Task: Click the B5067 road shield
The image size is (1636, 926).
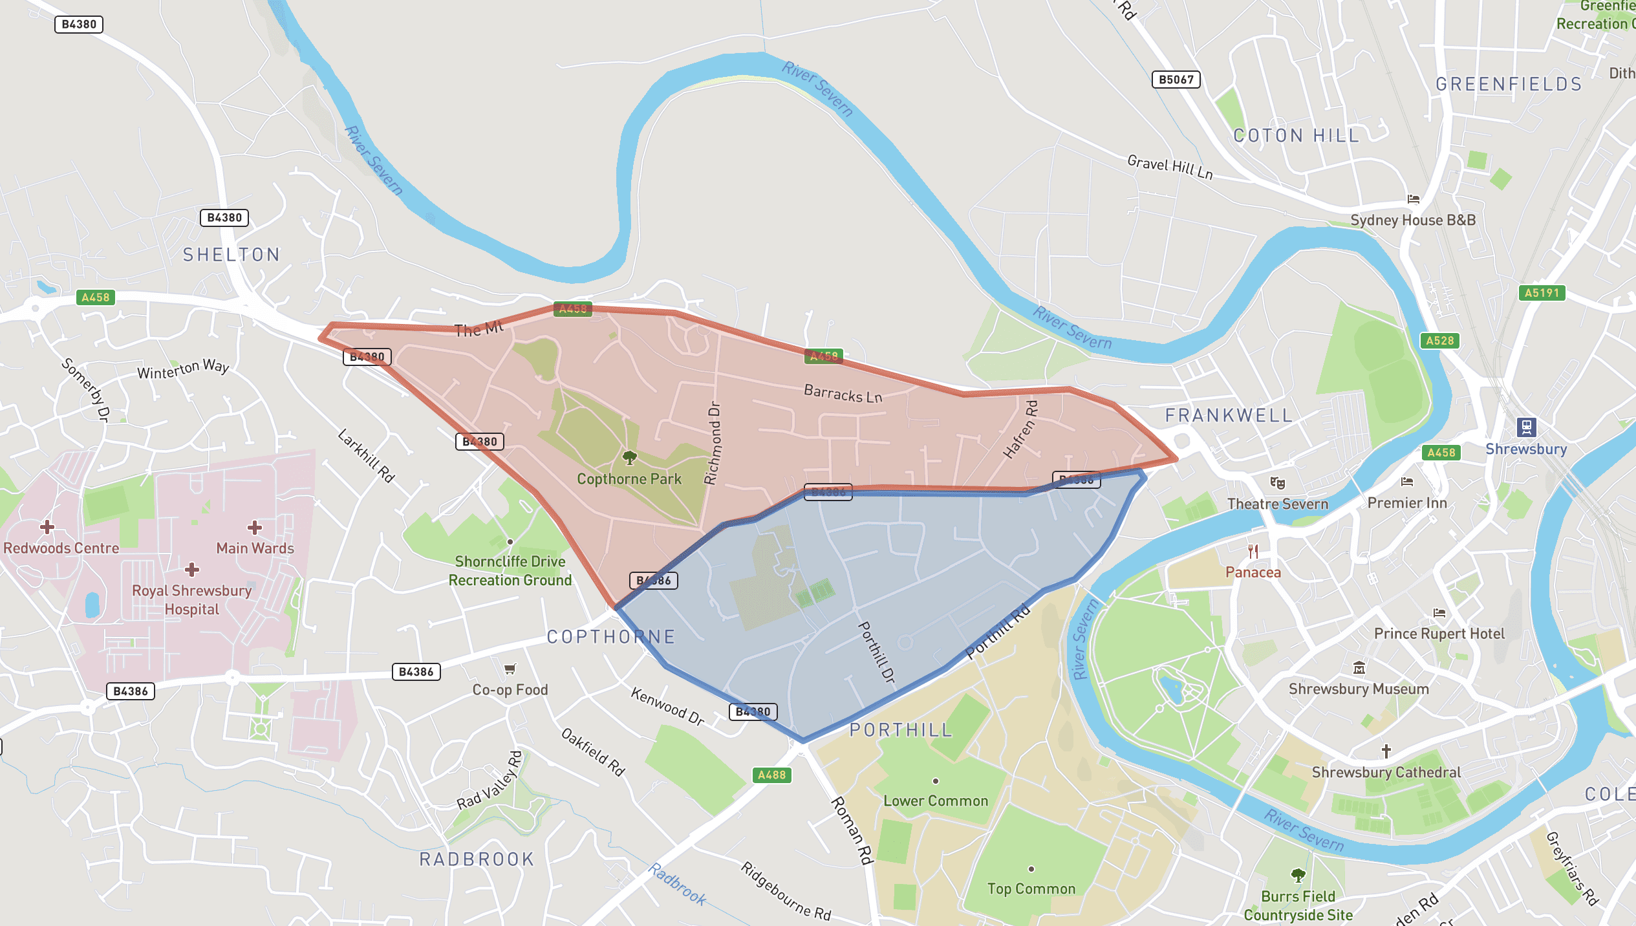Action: tap(1176, 80)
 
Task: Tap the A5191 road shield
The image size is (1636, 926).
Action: tap(1542, 293)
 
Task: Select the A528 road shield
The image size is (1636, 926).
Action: tap(1439, 341)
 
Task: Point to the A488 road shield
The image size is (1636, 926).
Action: tap(771, 775)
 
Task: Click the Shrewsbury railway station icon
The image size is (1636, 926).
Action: tap(1526, 427)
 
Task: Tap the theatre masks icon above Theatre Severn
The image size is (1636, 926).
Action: tap(1277, 483)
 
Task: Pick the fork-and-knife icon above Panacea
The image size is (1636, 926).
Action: tap(1253, 552)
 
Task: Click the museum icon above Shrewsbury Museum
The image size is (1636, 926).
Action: tap(1359, 668)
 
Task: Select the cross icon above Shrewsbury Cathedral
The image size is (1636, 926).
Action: tap(1386, 751)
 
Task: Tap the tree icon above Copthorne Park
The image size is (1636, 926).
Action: tap(629, 458)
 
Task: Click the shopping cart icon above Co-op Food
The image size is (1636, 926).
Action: tap(510, 669)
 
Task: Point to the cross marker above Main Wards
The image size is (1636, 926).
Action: tap(255, 528)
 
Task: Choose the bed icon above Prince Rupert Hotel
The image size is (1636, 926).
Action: tap(1439, 613)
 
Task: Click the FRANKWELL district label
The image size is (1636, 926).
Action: tap(1229, 415)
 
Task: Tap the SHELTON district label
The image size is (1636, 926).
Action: tap(231, 255)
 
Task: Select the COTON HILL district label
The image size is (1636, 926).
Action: tap(1296, 136)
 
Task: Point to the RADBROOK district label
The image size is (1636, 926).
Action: tap(477, 859)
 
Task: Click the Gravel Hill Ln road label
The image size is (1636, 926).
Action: tap(1170, 167)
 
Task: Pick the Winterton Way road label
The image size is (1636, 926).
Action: tap(183, 369)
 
